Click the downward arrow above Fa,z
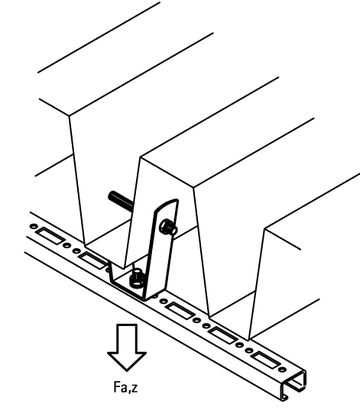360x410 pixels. [127, 347]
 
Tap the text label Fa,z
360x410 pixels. [125, 387]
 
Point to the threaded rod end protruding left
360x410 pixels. [121, 199]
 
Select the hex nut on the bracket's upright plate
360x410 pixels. [168, 228]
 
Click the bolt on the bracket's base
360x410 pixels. [136, 278]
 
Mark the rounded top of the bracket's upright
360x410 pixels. [167, 205]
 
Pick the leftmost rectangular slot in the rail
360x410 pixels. [50, 236]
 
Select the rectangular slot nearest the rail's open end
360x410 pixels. [264, 360]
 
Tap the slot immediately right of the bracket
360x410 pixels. [180, 311]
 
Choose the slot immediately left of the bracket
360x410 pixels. [92, 260]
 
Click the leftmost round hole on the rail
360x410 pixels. [34, 227]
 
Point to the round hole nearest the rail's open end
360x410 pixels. [282, 370]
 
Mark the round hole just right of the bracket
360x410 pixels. [164, 302]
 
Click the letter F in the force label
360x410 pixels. [117, 387]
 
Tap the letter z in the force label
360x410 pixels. [135, 389]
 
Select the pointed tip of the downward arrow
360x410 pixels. [127, 371]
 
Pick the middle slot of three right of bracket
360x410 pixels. [222, 335]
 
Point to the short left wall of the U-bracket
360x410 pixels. [112, 272]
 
